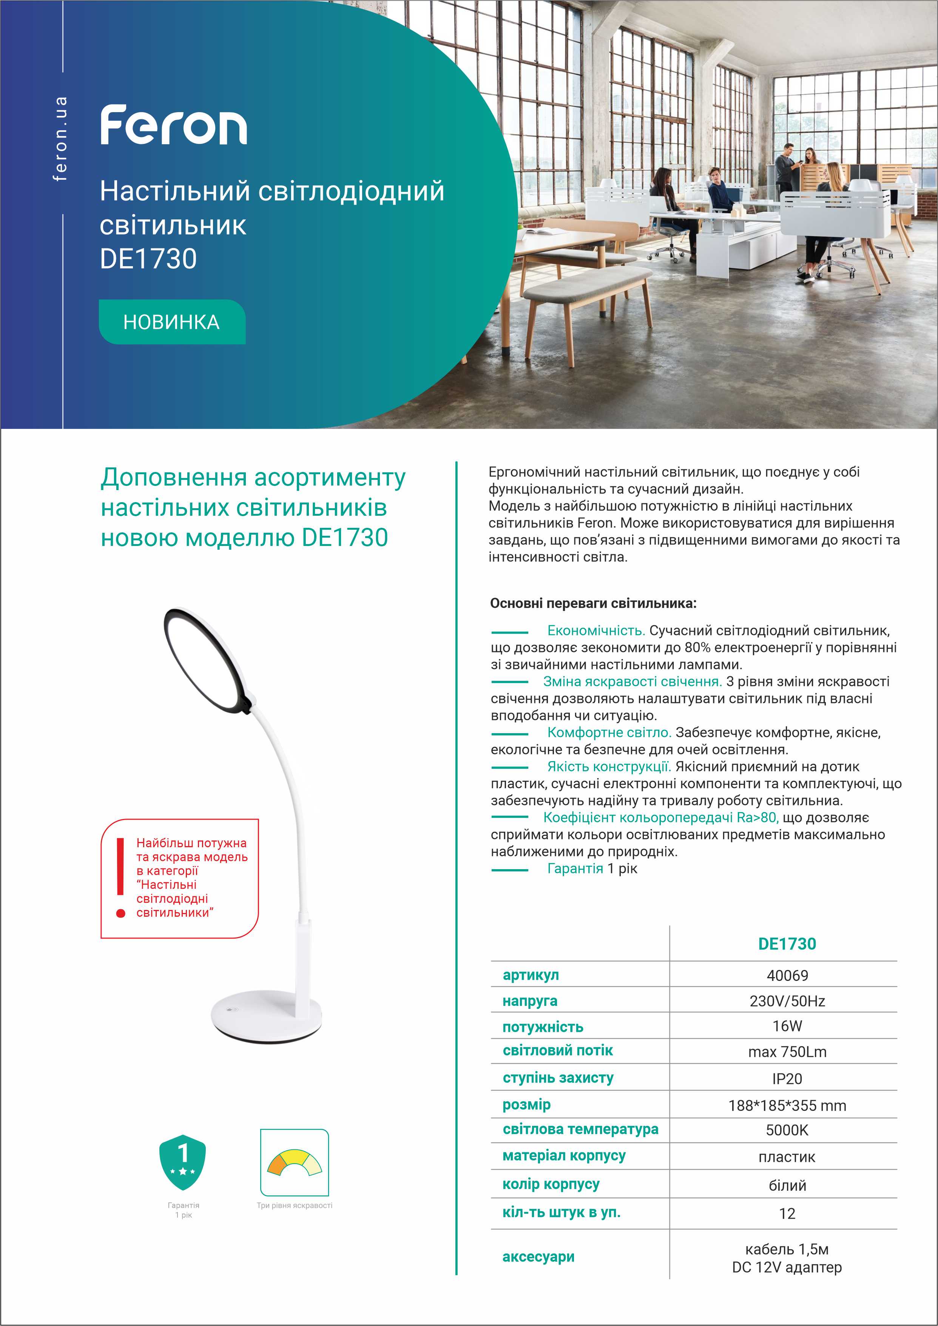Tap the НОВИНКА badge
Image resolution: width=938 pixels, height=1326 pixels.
[171, 322]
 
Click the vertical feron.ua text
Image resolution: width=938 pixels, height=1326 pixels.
[60, 139]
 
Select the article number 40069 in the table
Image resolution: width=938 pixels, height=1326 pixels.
[787, 976]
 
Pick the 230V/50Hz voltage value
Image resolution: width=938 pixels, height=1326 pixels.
[787, 1001]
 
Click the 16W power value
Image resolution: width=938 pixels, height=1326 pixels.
[787, 1026]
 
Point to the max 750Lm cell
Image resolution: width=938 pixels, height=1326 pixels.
[787, 1052]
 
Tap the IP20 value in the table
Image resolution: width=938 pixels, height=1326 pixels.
[787, 1078]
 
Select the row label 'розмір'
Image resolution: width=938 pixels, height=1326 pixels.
[526, 1104]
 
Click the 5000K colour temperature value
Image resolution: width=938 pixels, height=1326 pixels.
[787, 1130]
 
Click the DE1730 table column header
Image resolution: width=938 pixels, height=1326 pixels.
[787, 944]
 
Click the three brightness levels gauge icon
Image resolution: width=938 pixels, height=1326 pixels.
[294, 1163]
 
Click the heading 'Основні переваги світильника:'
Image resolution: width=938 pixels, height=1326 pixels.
[593, 603]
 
